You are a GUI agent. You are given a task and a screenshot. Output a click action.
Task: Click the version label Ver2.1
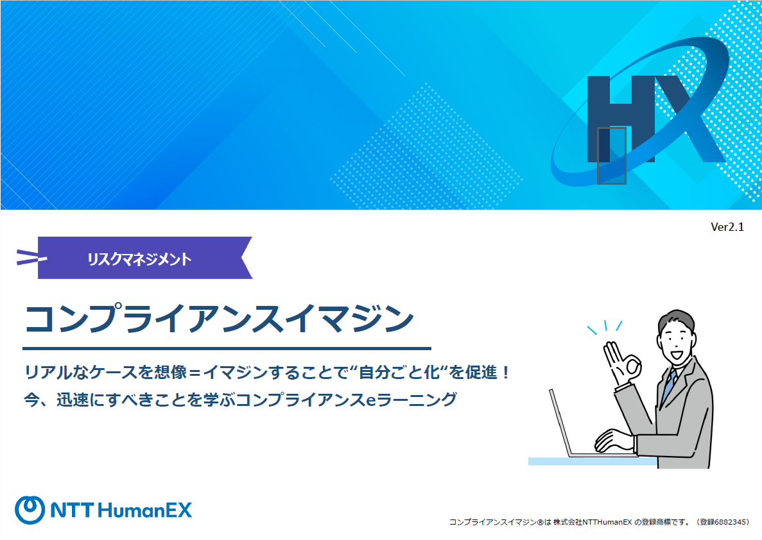727,227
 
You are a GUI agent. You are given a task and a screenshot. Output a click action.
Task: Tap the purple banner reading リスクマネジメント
145,258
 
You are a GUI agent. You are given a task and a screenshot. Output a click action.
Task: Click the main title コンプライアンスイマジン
219,319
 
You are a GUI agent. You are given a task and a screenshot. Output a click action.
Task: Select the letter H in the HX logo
621,119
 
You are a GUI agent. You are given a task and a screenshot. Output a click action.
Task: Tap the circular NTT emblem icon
30,510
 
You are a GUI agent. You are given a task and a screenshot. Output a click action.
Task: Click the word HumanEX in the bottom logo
145,510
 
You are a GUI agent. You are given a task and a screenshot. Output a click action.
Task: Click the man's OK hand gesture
621,362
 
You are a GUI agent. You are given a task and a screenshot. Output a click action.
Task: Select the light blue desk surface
593,461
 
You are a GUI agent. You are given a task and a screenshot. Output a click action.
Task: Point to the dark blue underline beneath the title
227,348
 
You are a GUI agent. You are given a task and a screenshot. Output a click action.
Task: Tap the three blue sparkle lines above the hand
605,326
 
